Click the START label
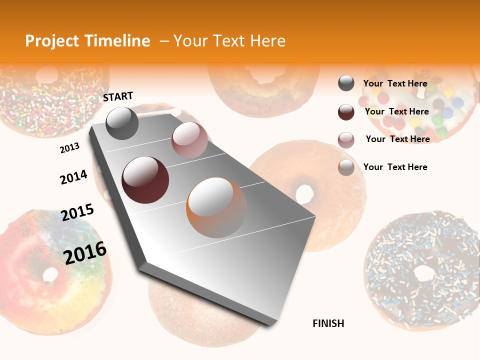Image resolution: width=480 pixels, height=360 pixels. [x=118, y=96]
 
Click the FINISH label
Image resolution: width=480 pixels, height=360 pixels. [x=328, y=323]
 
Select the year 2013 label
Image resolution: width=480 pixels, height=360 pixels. [x=69, y=148]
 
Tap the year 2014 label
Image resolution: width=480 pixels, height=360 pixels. [x=73, y=177]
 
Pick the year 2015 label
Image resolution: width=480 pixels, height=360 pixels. [x=77, y=212]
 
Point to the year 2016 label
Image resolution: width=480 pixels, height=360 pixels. [x=85, y=252]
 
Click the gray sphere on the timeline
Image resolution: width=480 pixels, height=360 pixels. [x=122, y=123]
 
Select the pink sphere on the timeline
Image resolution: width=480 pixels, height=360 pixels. [x=189, y=140]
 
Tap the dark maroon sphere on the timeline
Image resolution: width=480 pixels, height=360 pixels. [x=145, y=180]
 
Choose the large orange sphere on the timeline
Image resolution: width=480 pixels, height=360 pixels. [x=216, y=207]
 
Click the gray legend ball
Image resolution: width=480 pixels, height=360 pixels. [x=346, y=83]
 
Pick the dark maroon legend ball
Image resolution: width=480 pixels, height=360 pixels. [x=346, y=112]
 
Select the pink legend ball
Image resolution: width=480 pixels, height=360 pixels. [x=346, y=140]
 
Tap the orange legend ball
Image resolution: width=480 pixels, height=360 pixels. [x=346, y=167]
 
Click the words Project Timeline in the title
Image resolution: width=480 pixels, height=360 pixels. [x=87, y=41]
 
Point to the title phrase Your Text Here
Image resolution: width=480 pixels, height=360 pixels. [x=229, y=41]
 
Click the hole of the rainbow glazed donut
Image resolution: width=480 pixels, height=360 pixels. [x=50, y=274]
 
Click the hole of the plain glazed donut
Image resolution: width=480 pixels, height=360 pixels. [x=304, y=193]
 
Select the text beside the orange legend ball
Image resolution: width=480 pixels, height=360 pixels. [x=395, y=167]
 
